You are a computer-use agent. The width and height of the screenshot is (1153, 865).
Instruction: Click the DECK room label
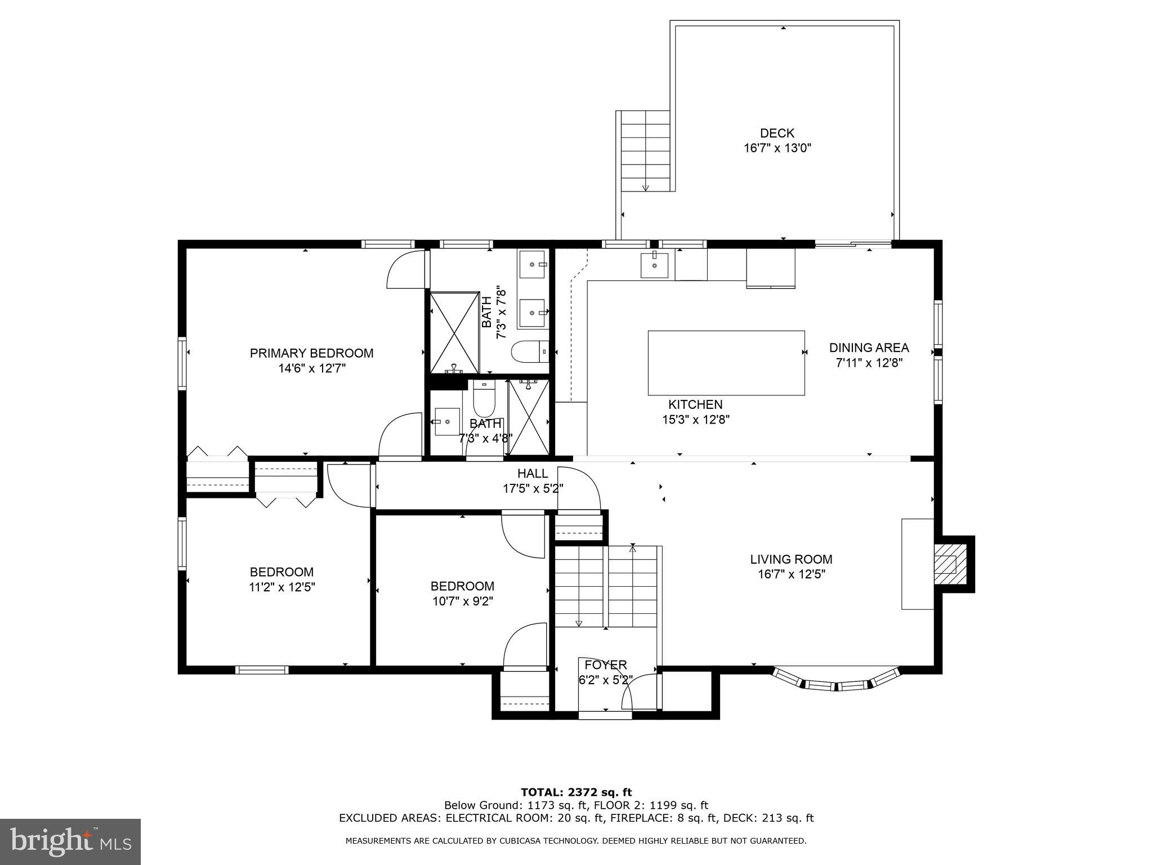(777, 133)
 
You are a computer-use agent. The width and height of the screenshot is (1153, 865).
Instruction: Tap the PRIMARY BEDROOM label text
(311, 353)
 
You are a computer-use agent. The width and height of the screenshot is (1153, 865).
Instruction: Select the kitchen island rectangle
(726, 363)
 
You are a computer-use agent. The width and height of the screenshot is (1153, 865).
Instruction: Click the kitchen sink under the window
(654, 265)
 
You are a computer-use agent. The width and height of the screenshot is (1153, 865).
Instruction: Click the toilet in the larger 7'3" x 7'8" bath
(530, 351)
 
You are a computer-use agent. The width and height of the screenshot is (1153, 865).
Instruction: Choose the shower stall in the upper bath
(454, 332)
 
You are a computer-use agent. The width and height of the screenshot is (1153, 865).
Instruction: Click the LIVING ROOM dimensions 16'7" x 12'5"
(791, 574)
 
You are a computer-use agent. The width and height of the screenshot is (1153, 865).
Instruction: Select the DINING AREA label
(869, 348)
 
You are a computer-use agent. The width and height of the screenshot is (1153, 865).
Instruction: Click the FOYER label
(605, 665)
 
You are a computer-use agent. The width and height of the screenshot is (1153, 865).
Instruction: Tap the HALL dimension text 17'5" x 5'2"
(533, 488)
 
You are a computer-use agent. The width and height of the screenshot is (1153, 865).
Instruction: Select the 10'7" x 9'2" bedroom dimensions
(462, 601)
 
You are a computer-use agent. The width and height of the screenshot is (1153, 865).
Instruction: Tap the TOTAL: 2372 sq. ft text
(576, 793)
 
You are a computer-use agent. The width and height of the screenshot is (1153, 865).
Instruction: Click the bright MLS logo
(70, 841)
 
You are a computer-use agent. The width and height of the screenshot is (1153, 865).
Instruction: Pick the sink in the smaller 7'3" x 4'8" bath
(448, 421)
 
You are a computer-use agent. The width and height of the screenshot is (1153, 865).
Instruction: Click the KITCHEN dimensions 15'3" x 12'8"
(696, 420)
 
